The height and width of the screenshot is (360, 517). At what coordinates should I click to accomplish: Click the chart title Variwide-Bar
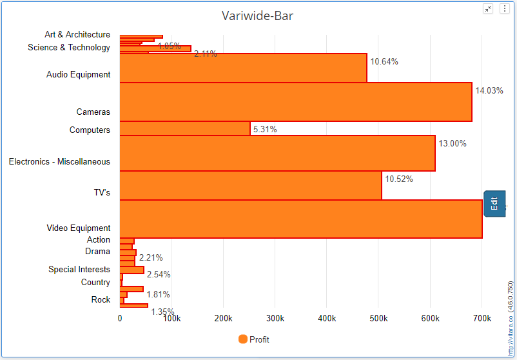pos(257,15)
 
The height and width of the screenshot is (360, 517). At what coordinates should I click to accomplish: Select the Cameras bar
pos(295,102)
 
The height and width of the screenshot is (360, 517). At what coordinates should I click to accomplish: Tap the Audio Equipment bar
pos(243,68)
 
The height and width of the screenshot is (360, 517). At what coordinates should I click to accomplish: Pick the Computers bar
pos(184,128)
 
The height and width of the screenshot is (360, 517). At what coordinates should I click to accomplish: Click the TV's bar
pos(250,185)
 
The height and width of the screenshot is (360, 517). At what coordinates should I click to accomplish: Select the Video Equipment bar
pos(300,219)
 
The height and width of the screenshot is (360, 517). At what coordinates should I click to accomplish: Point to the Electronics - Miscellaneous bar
pos(277,153)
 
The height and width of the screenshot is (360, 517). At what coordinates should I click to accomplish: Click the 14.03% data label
pos(489,90)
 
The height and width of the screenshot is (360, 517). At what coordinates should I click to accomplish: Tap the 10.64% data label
pos(384,62)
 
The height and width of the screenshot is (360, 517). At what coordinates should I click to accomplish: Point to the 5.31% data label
pos(265,129)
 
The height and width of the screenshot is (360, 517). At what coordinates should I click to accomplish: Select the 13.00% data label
pos(452,143)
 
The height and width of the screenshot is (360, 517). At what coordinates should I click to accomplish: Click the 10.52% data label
pos(398,179)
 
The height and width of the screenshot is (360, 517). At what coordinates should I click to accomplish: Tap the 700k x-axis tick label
pos(482,319)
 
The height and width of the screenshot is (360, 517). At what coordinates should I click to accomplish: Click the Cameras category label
pos(93,112)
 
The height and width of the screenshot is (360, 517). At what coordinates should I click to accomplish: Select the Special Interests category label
pos(79,269)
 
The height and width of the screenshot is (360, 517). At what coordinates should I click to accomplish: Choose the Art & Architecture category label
pos(77,35)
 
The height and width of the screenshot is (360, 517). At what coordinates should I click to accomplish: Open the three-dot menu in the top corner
pos(504,8)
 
